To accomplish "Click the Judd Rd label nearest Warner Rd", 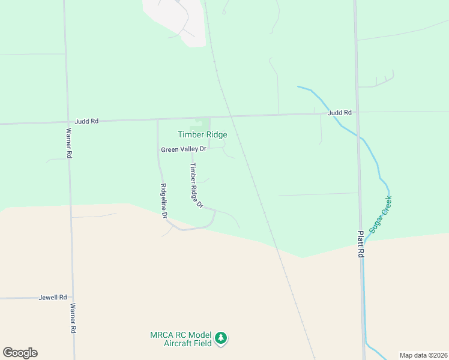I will (x=87, y=121).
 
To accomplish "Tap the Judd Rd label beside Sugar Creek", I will (x=339, y=112).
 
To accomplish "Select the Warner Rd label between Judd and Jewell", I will (x=70, y=143).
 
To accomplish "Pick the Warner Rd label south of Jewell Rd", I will (x=73, y=318).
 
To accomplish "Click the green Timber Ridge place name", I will (x=202, y=135).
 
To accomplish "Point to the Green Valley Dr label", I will (x=183, y=149).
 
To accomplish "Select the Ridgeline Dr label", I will (x=163, y=200).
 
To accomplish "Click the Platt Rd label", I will (x=361, y=245).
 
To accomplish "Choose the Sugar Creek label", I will (x=380, y=214).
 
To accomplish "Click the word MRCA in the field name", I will (x=161, y=335).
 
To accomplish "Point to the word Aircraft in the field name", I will (x=179, y=343).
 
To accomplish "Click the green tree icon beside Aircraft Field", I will (x=221, y=339).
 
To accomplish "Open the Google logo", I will (x=20, y=353).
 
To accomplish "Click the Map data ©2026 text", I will (x=423, y=355).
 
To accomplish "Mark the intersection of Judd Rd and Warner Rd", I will (x=66, y=122).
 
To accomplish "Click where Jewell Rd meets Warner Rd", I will (x=72, y=297).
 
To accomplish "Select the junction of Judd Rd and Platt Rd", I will (x=356, y=112).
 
